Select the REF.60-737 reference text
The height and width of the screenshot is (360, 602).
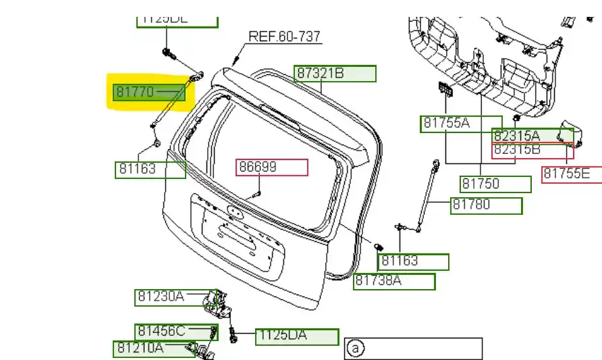(x=284, y=36)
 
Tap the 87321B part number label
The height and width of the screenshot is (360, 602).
(x=335, y=74)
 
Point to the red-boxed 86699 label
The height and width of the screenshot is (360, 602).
(x=271, y=167)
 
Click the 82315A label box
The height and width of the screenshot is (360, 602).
(x=532, y=136)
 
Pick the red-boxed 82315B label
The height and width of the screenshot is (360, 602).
(x=532, y=151)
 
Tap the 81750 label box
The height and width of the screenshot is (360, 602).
(x=495, y=184)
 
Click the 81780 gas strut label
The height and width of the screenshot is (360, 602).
(x=487, y=205)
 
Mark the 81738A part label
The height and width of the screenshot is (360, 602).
(x=394, y=281)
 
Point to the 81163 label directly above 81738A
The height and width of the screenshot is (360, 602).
(x=414, y=261)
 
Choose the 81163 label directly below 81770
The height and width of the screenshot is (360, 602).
(x=150, y=170)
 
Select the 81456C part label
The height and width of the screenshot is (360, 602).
(x=173, y=332)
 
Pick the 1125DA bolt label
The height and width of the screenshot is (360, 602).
(x=296, y=336)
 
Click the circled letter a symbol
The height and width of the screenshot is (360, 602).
(x=355, y=349)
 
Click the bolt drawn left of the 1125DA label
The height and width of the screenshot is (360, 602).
(x=233, y=335)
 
